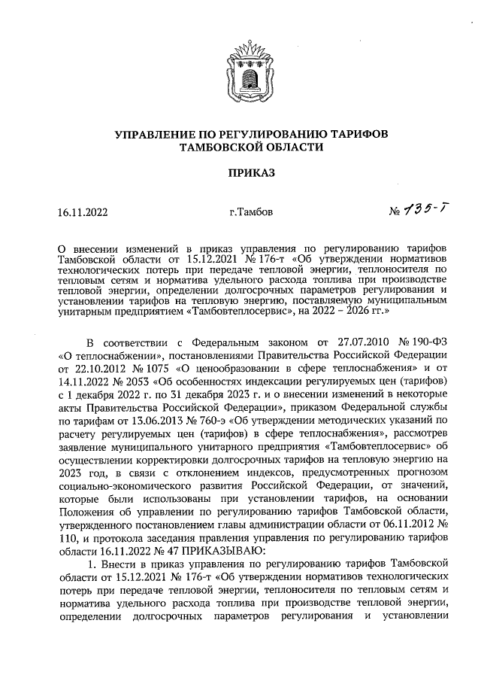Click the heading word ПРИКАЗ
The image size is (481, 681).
point(240,173)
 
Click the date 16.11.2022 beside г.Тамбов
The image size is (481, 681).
point(83,212)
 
